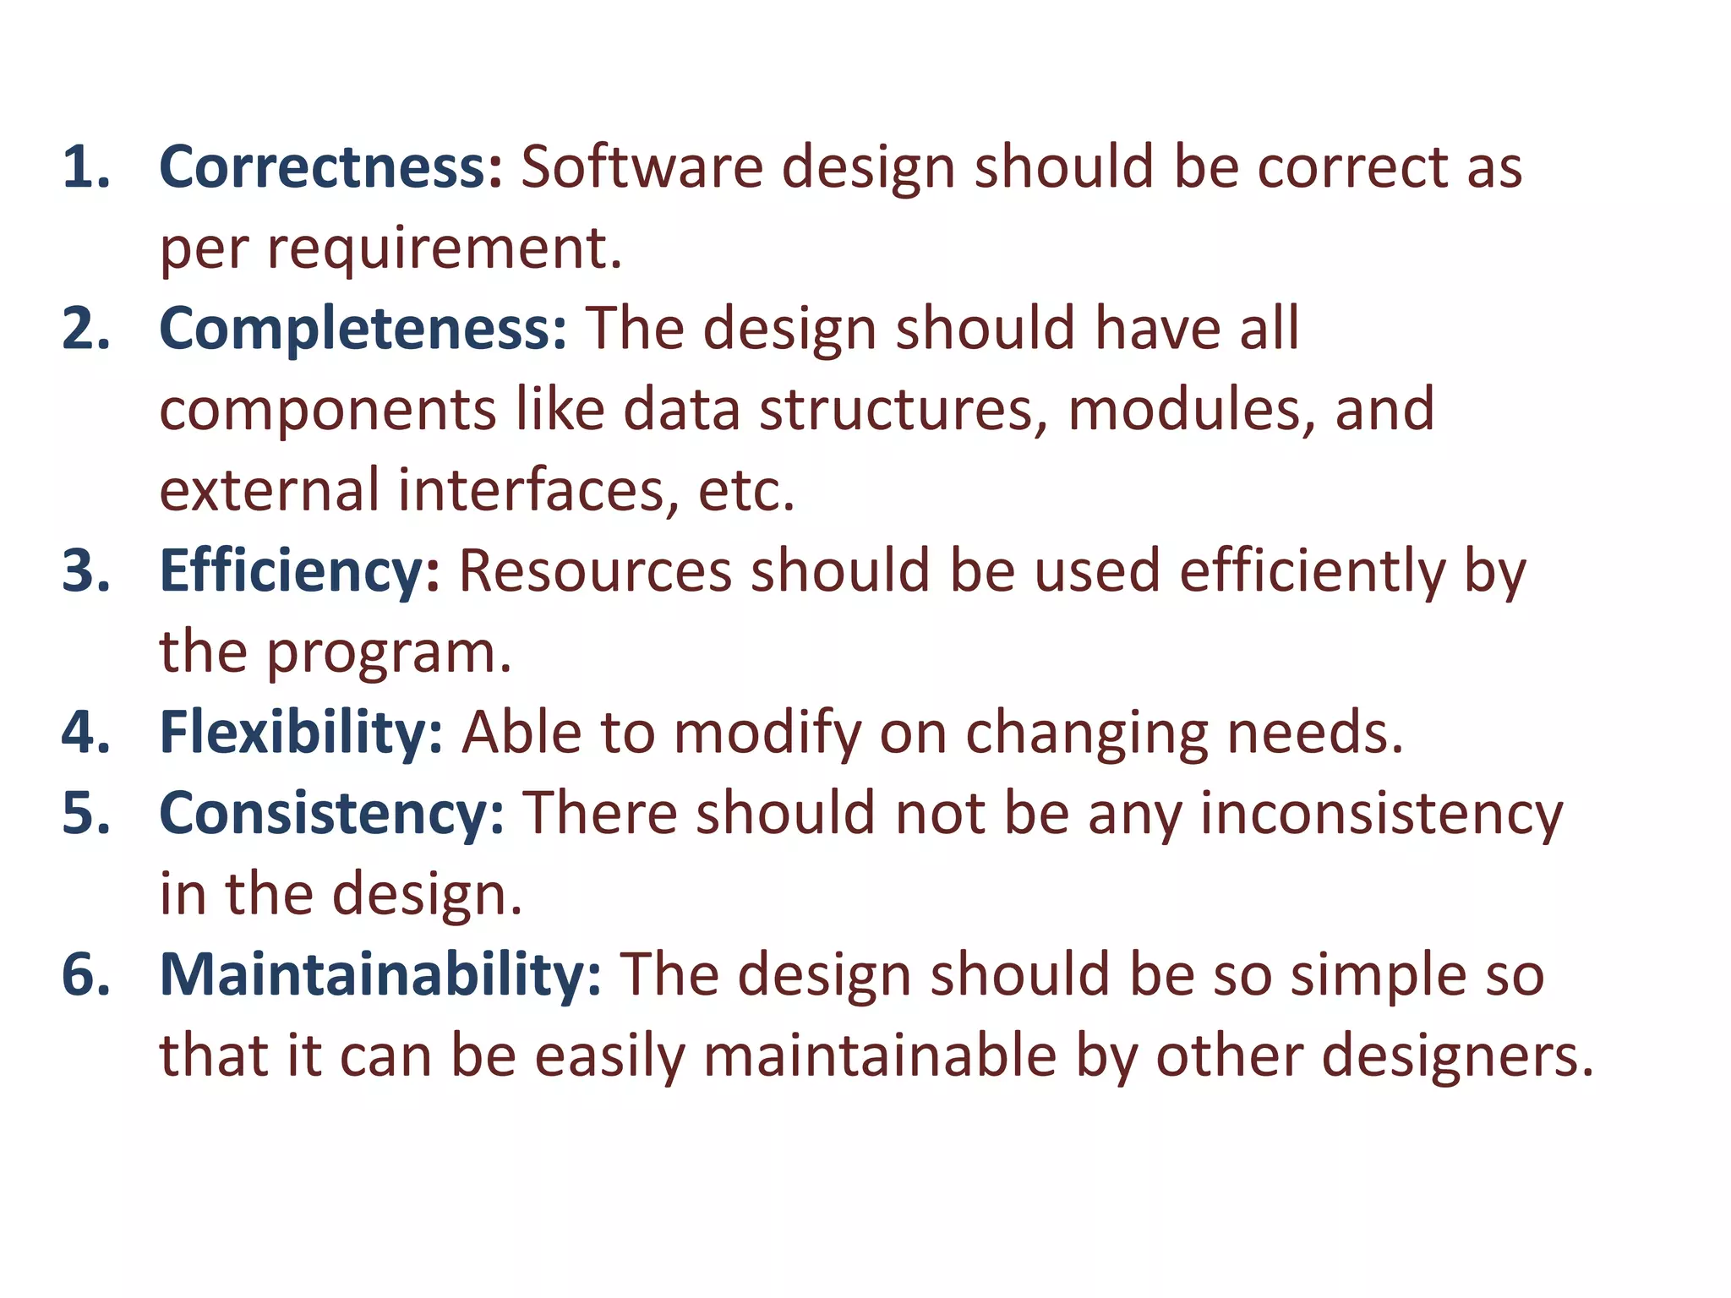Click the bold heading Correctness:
pos(330,166)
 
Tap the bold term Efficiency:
pos(299,571)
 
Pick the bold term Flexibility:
pos(301,732)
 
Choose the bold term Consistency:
pos(331,813)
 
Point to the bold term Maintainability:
pos(380,974)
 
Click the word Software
pos(642,166)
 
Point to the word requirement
pos(444,248)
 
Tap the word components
pos(327,411)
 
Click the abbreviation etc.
pos(745,490)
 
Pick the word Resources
pos(595,571)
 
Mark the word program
pos(389,653)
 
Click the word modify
pos(767,734)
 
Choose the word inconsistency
pos(1382,813)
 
